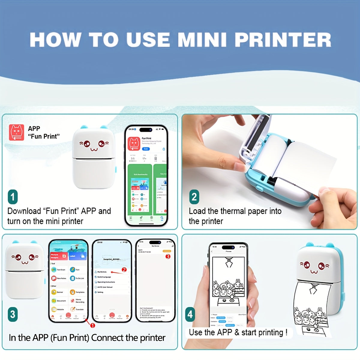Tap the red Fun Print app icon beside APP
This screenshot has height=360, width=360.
point(16,133)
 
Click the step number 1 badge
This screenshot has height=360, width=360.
point(13,197)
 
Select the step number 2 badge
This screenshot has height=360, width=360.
point(194,197)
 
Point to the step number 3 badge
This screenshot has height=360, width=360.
point(13,314)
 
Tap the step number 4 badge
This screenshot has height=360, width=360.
point(190,314)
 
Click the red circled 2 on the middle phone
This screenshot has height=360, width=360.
point(124,270)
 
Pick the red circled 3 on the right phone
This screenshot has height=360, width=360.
point(168,256)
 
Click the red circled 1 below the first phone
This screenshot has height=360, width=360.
point(93,325)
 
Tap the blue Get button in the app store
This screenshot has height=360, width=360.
point(146,149)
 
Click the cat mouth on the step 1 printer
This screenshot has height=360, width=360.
point(94,149)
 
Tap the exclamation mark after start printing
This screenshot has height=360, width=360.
point(286,332)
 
